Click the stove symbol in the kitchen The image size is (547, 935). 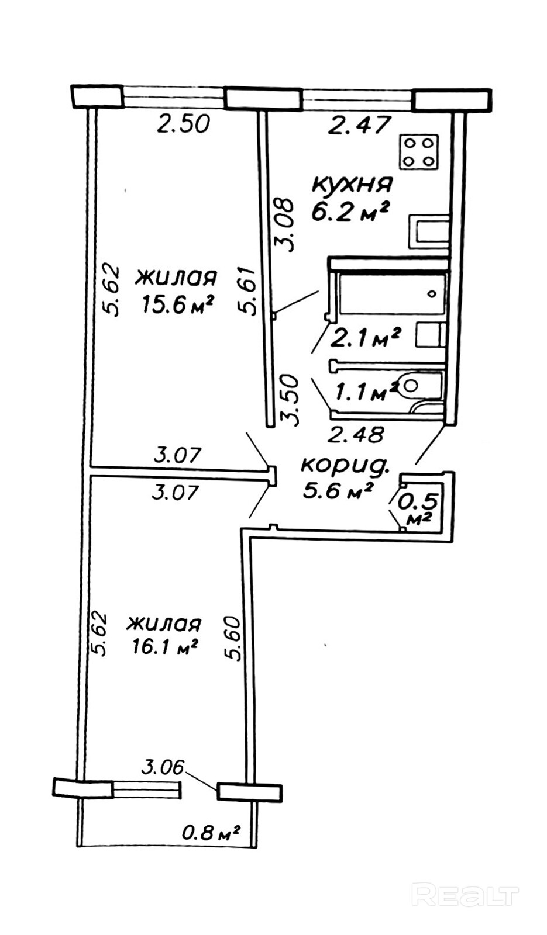[418, 152]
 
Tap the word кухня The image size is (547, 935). [352, 184]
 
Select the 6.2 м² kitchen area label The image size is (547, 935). [350, 212]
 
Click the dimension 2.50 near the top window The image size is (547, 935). [184, 124]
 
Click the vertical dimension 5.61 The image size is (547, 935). [249, 291]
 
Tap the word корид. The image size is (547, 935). [345, 465]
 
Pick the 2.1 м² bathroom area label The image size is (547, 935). [365, 337]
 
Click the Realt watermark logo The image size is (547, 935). [465, 895]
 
